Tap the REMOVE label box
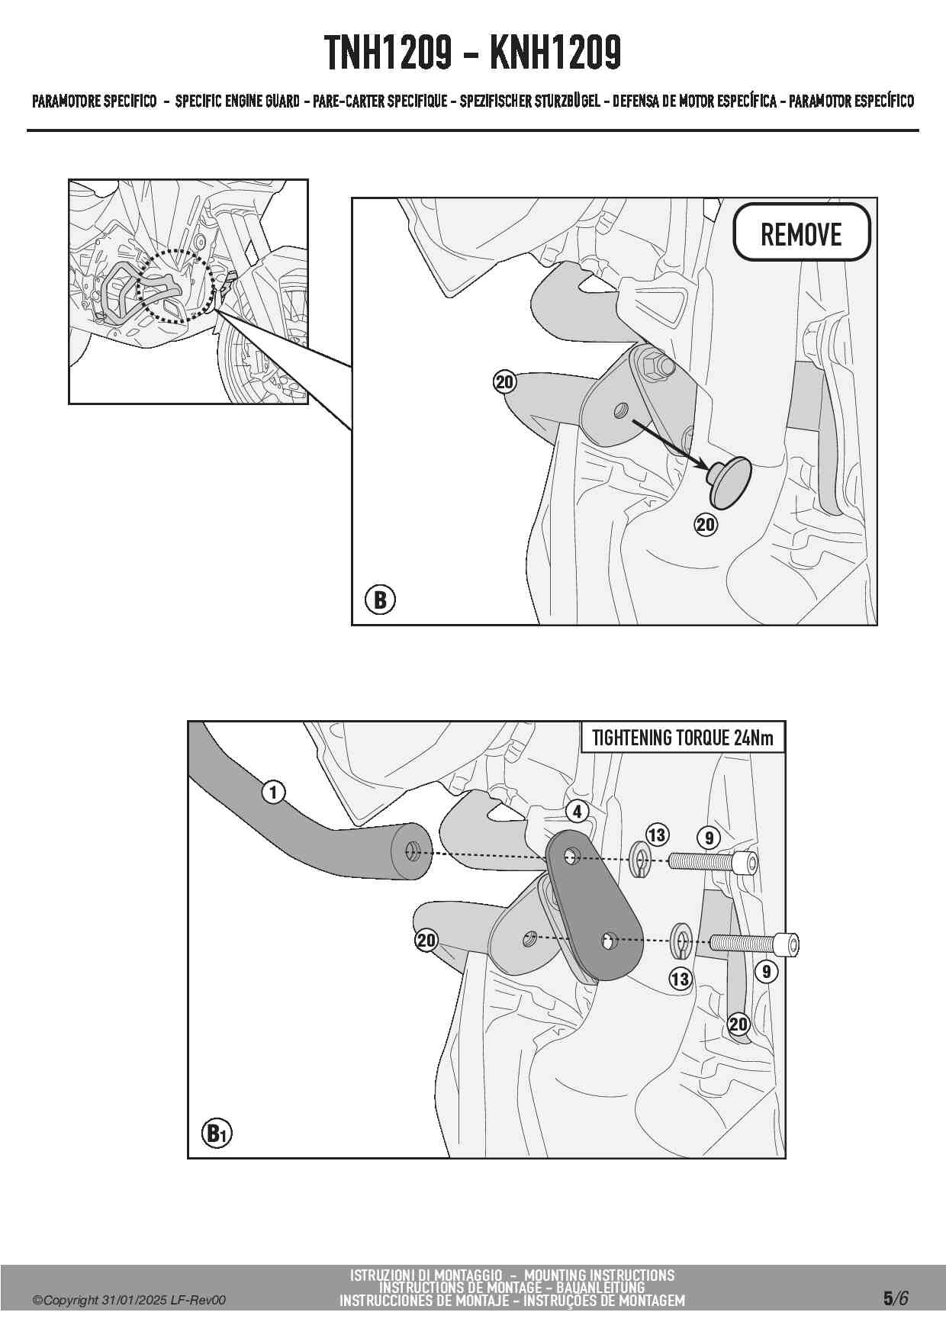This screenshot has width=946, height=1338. [x=801, y=233]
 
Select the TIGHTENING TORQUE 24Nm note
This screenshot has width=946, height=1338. [x=683, y=738]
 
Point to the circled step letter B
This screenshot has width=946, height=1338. [x=380, y=600]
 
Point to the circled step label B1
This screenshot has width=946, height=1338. [x=217, y=1134]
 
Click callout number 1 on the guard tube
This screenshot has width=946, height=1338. [x=273, y=793]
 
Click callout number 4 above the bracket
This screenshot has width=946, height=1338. [x=578, y=812]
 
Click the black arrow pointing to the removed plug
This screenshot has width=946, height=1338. [x=670, y=443]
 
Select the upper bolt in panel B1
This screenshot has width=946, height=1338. [x=713, y=863]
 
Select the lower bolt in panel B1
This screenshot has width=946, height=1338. [x=755, y=944]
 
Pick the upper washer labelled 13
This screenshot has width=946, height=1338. [x=639, y=860]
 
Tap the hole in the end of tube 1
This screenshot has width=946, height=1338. [x=413, y=851]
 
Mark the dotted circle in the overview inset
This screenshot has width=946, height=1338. [x=175, y=286]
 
